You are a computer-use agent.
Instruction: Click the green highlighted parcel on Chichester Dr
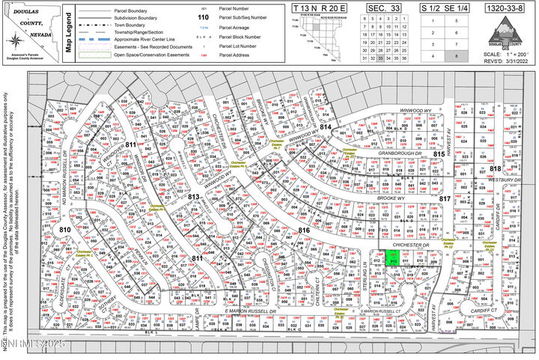pos(393,257)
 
